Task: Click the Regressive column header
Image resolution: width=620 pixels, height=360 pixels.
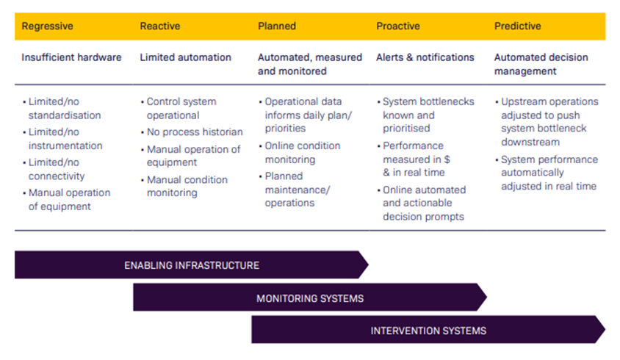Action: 47,26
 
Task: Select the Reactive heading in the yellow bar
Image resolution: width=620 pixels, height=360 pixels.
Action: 160,26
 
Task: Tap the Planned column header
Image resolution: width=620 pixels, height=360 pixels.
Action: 277,26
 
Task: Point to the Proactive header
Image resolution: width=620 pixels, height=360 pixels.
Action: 397,26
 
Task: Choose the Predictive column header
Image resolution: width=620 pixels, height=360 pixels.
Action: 517,26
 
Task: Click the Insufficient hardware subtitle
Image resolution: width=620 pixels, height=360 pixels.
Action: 71,57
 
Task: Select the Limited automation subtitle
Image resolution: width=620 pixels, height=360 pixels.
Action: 185,57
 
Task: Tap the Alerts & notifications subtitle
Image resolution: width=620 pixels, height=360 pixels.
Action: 425,57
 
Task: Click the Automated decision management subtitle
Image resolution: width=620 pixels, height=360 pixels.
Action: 546,64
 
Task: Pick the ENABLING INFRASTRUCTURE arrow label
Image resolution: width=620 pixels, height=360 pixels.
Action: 192,265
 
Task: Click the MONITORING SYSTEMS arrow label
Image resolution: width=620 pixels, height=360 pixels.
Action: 310,298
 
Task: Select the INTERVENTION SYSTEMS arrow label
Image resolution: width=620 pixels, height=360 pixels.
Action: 428,331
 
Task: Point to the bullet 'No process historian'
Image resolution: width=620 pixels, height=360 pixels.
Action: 194,132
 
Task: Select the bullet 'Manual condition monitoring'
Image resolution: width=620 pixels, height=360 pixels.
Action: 187,186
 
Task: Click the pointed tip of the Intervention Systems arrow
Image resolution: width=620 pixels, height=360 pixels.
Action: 604,330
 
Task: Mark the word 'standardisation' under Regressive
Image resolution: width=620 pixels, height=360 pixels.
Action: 65,115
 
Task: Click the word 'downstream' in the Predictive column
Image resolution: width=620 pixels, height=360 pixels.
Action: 530,142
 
